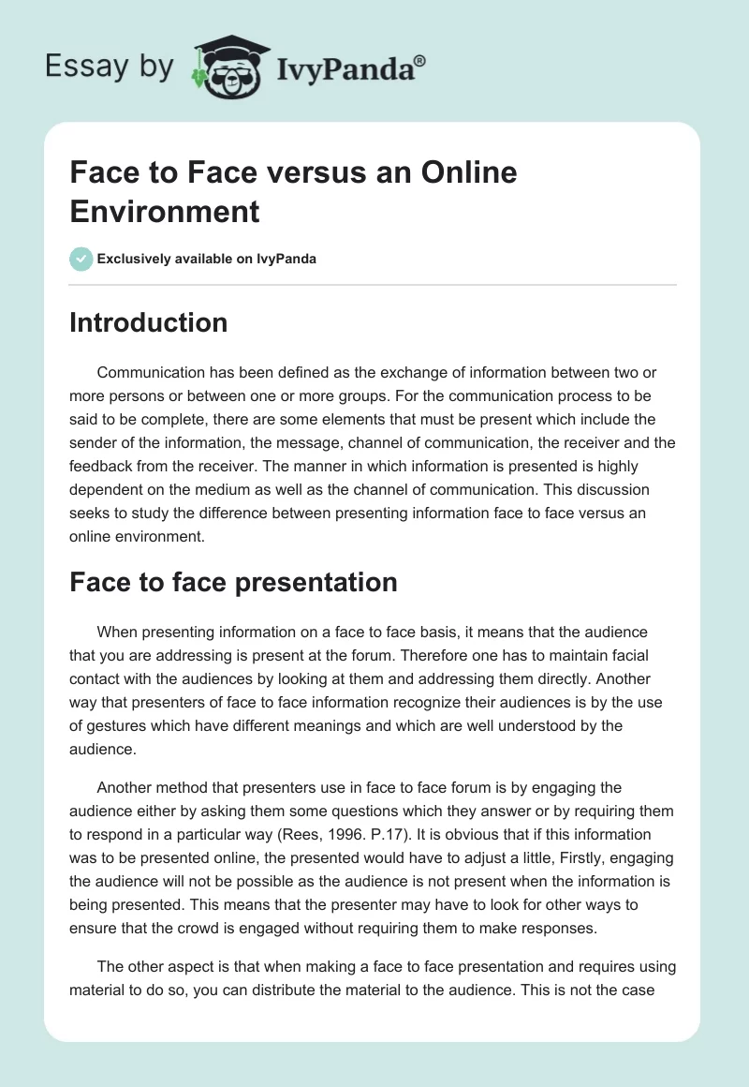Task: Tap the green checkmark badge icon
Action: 81,259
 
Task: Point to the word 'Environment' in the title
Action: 165,211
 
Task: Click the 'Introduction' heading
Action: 149,322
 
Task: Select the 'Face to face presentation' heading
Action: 234,582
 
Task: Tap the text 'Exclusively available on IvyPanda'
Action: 207,259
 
